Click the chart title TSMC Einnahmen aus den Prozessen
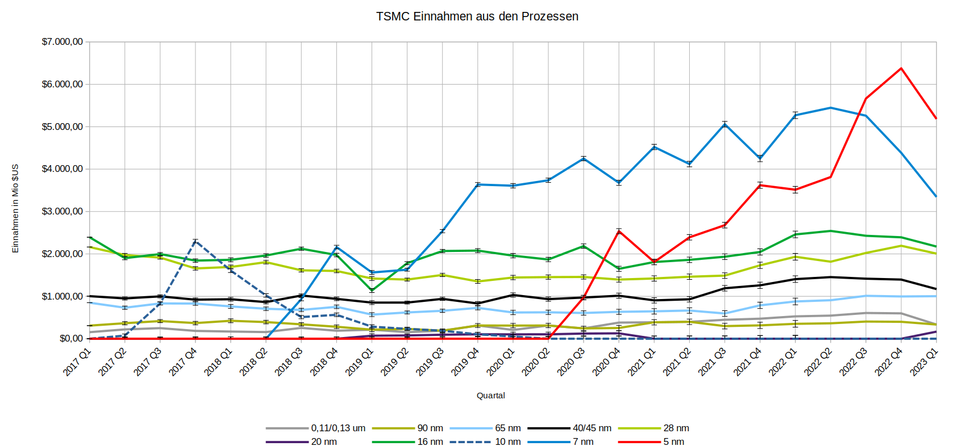477,16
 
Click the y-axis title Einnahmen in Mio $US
15,209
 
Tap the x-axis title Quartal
490,395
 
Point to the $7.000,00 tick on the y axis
63,42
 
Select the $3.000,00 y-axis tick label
63,212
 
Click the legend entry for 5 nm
673,442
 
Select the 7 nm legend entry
582,442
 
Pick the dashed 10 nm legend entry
507,442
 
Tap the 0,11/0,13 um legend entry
338,428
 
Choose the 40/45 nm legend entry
591,428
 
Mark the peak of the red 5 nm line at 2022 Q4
901,69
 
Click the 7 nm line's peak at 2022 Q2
831,108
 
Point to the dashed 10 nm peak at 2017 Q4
195,241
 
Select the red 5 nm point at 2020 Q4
619,230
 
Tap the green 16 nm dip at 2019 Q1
372,291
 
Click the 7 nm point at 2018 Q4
337,247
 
